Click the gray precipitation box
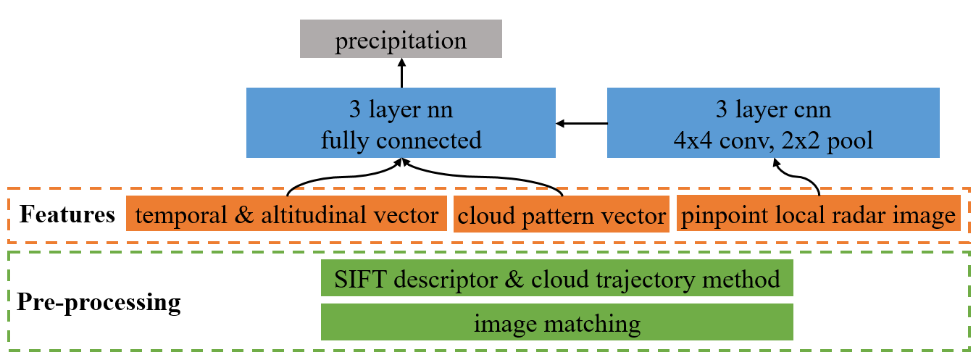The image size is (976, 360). click(x=401, y=41)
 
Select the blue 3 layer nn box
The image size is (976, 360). click(x=401, y=122)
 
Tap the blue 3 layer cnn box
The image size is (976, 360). click(x=773, y=122)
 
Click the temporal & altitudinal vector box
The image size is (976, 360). click(x=286, y=215)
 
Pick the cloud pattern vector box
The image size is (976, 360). click(x=562, y=215)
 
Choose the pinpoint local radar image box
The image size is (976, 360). click(x=818, y=215)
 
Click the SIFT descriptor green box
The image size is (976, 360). click(x=556, y=279)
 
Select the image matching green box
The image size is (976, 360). click(x=556, y=322)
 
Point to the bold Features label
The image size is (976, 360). click(x=67, y=215)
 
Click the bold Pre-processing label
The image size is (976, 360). click(x=99, y=301)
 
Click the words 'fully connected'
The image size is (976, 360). click(x=401, y=140)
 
